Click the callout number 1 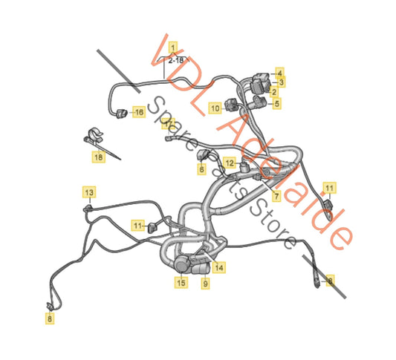click(x=174, y=46)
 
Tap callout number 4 click(x=279, y=72)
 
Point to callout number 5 click(x=276, y=104)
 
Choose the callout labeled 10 click(x=214, y=108)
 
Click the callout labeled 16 click(x=138, y=112)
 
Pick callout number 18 click(x=99, y=157)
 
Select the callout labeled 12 click(x=230, y=163)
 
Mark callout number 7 click(x=276, y=197)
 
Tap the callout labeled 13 click(x=88, y=193)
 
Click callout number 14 click(x=218, y=266)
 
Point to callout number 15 click(x=181, y=282)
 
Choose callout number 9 click(x=205, y=282)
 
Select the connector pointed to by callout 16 click(x=120, y=113)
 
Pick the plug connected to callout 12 click(x=246, y=169)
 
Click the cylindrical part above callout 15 click(x=182, y=264)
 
